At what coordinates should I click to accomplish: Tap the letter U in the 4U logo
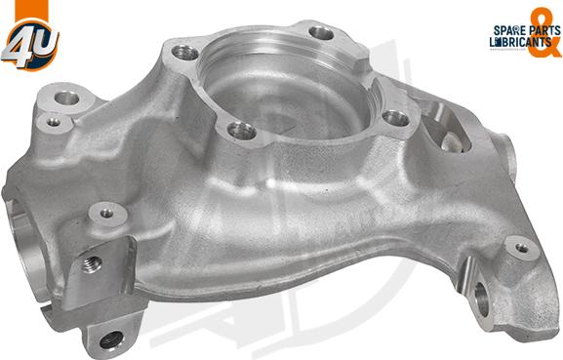42,41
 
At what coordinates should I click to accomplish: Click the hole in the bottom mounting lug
111,340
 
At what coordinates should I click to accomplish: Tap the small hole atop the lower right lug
521,248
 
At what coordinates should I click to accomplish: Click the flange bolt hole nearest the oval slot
395,118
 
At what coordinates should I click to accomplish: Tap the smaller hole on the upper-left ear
49,123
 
